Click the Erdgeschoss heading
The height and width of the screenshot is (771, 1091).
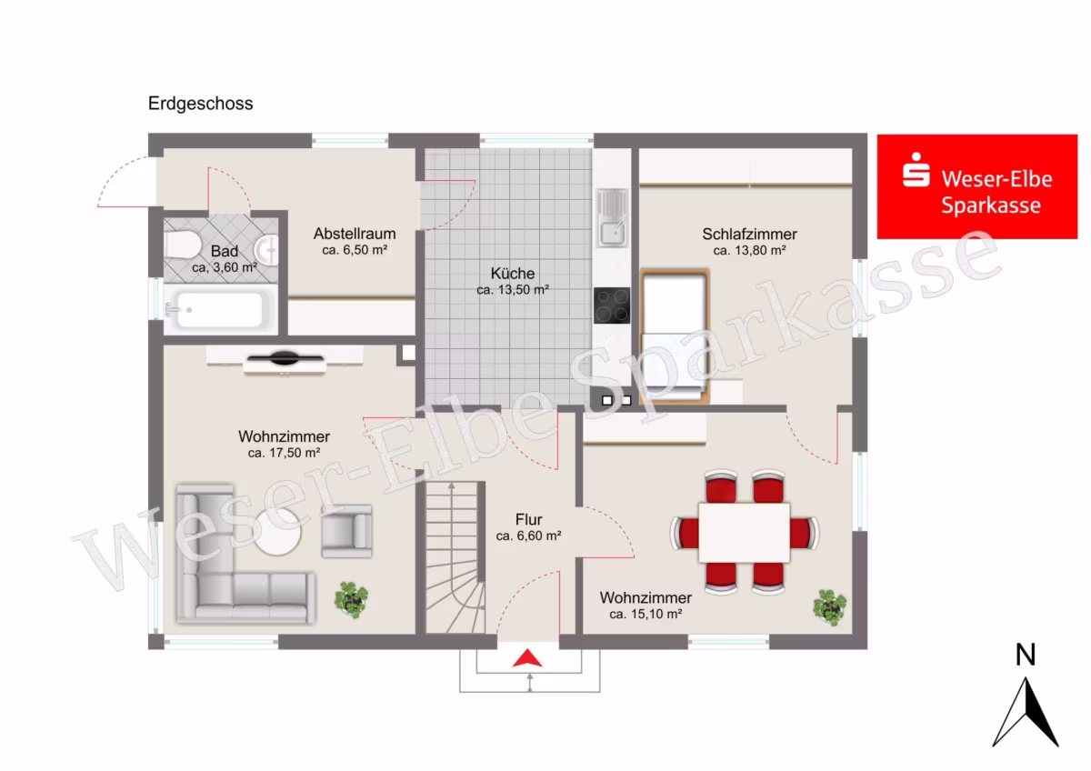click(200, 104)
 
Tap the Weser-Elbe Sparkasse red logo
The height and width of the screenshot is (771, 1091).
click(977, 186)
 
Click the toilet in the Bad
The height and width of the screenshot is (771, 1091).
click(182, 245)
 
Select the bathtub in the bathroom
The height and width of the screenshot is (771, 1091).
click(220, 310)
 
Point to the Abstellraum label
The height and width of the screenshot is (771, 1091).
click(355, 234)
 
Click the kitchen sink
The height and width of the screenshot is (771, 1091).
click(613, 217)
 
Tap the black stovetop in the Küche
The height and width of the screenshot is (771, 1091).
click(612, 305)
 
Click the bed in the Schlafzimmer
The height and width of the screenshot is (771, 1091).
click(675, 336)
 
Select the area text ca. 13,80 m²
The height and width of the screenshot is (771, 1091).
click(749, 251)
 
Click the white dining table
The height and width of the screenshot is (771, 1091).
click(745, 533)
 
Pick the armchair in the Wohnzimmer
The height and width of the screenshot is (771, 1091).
click(346, 531)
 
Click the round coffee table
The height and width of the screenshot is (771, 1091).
click(277, 532)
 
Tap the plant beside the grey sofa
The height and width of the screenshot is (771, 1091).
click(351, 600)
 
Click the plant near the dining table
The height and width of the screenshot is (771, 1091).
click(829, 607)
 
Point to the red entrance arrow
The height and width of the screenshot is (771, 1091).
click(527, 658)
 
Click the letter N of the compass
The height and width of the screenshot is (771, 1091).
click(1026, 655)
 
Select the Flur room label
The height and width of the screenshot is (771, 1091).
click(528, 520)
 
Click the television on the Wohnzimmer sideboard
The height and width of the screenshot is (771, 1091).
click(285, 358)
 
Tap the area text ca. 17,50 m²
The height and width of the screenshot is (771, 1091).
click(284, 453)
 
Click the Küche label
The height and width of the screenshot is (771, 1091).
click(513, 274)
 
